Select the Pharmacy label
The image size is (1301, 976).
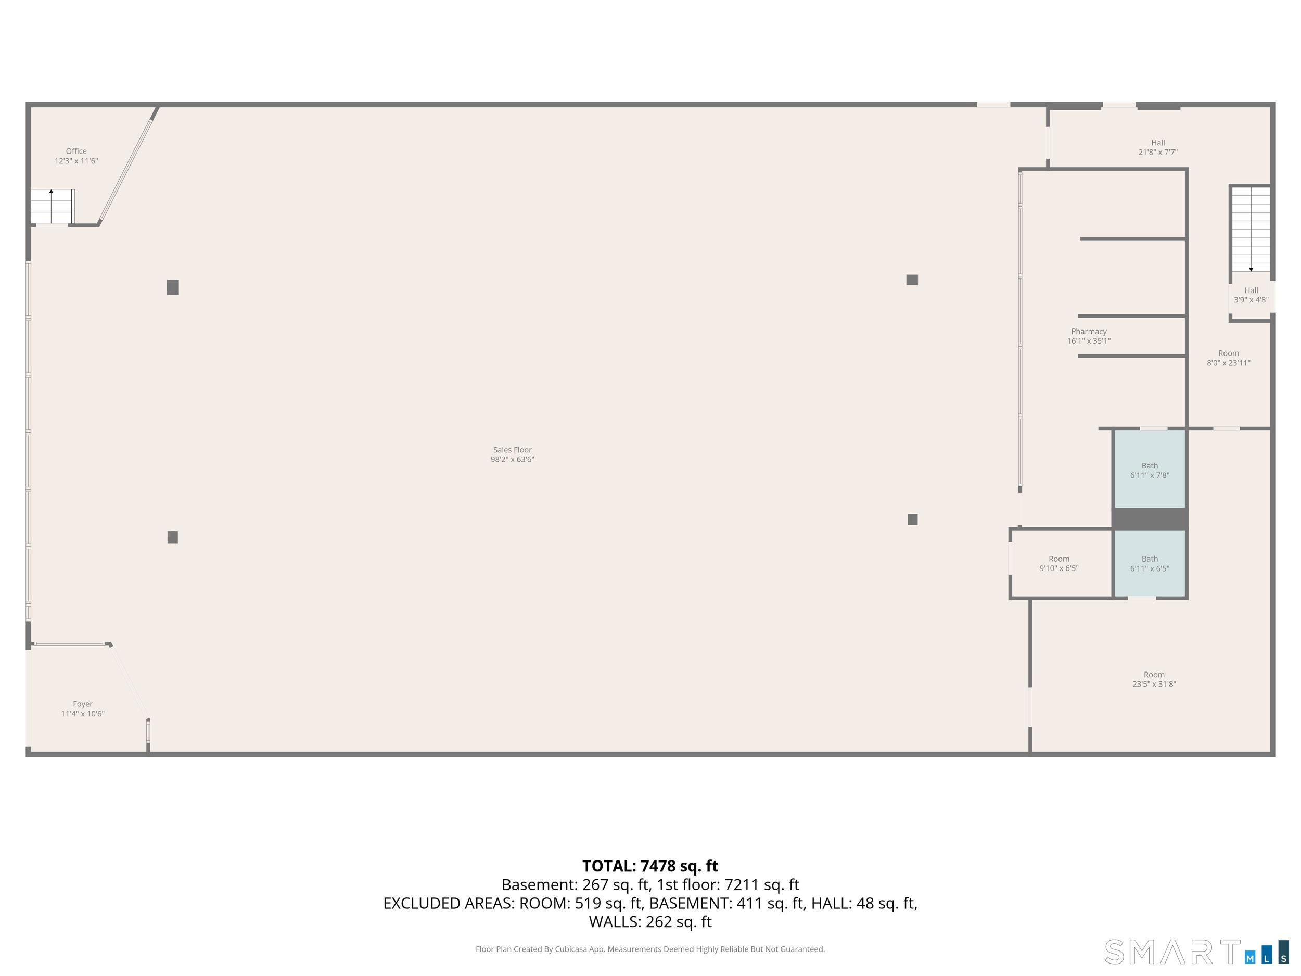click(x=1089, y=332)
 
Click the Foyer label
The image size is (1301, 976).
click(x=83, y=704)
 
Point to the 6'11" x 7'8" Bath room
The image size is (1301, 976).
click(x=1149, y=470)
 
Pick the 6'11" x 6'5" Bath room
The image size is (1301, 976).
click(x=1149, y=564)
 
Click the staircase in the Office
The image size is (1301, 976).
click(x=53, y=206)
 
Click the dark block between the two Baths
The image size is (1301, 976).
click(x=1149, y=519)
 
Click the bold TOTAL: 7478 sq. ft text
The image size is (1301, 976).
click(x=650, y=866)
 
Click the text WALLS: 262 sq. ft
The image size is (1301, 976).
click(x=650, y=922)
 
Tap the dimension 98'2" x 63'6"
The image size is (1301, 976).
click(x=512, y=460)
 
